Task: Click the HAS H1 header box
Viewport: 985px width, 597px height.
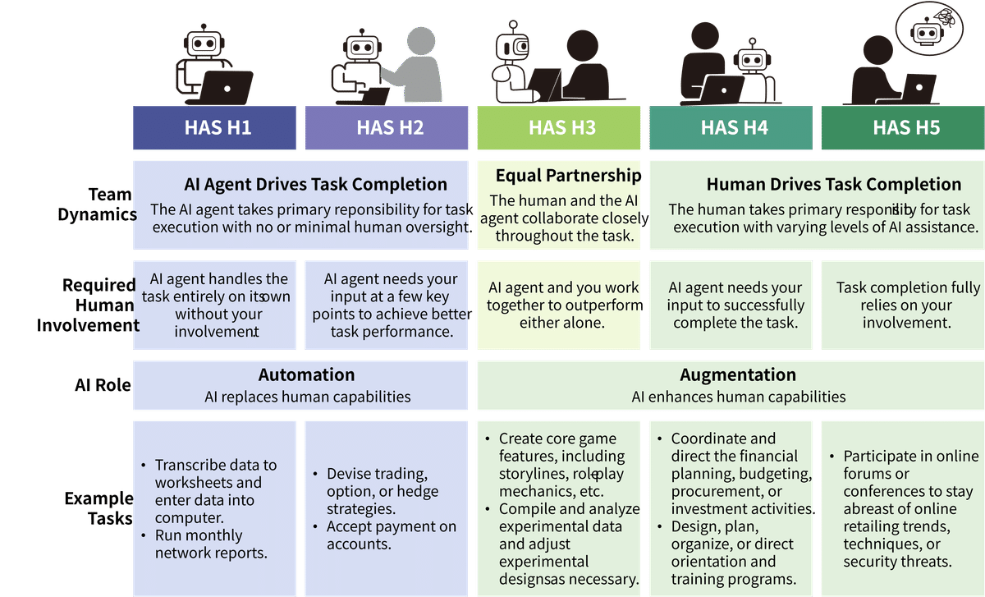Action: (x=214, y=127)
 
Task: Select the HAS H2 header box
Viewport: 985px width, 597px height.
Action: (x=387, y=127)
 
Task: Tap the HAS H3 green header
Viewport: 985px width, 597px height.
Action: (x=559, y=127)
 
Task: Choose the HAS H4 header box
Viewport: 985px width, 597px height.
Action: (x=731, y=127)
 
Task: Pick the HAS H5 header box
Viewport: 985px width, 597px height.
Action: (x=903, y=127)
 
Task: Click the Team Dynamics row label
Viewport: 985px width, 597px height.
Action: (x=97, y=204)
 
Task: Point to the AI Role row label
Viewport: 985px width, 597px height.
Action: (x=103, y=385)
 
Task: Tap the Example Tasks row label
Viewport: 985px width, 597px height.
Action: (x=99, y=508)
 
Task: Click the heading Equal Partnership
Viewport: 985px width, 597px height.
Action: (x=568, y=175)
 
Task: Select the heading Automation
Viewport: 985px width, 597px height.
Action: (x=306, y=374)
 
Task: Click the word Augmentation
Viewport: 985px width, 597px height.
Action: (x=738, y=374)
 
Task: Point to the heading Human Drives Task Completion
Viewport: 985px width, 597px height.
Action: (x=834, y=184)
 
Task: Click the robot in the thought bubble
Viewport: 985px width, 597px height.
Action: (x=928, y=33)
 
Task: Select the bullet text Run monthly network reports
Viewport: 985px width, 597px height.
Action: (x=211, y=544)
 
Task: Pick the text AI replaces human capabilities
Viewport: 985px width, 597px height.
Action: (x=307, y=397)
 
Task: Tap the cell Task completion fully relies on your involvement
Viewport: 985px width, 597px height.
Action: (x=907, y=305)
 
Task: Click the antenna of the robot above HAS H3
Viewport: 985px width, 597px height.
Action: (x=513, y=27)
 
